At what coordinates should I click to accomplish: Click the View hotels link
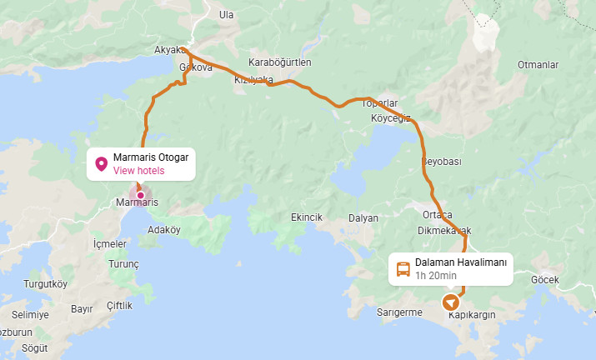point(138,171)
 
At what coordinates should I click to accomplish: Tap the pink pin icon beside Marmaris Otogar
point(102,163)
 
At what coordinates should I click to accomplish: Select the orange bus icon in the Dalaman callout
point(403,269)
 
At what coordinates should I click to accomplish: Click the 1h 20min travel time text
point(436,276)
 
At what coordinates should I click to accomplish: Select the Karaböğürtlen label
point(280,62)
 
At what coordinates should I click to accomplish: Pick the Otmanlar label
point(538,64)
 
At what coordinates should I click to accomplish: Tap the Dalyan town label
point(363,217)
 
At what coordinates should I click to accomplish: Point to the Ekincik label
point(306,217)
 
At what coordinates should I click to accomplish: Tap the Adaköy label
point(163,229)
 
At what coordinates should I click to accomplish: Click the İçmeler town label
point(109,243)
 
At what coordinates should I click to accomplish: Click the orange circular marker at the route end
point(451,301)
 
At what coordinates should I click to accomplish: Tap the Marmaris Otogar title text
point(151,157)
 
